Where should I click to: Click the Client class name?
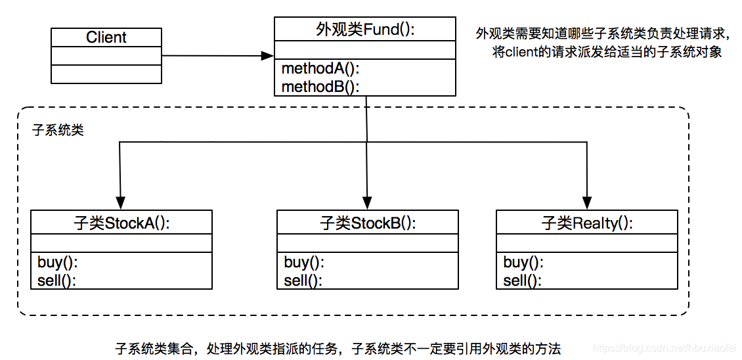click(106, 37)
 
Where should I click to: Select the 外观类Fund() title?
click(365, 29)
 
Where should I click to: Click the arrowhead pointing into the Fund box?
click(267, 56)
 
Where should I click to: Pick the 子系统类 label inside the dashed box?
click(58, 130)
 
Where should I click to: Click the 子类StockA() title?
click(121, 223)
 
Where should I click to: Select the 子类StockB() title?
click(368, 223)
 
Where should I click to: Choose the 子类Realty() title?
click(587, 223)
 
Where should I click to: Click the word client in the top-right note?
click(521, 53)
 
